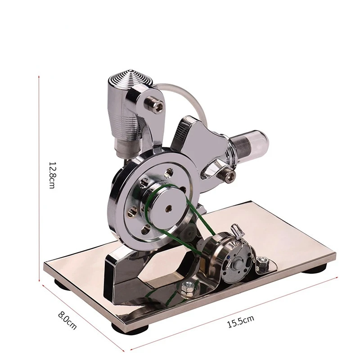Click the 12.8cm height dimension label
click(x=52, y=175)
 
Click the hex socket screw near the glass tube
click(x=228, y=176)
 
